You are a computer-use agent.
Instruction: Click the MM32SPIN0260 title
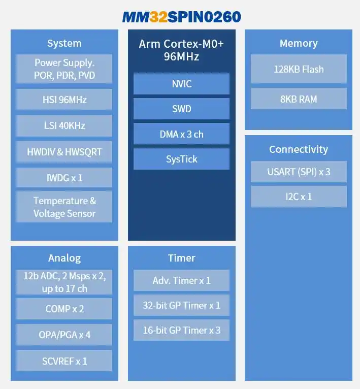point(181,17)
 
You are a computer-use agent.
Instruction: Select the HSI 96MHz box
point(64,100)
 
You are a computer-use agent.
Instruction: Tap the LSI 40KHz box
point(64,125)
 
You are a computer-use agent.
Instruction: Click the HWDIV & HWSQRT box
point(64,152)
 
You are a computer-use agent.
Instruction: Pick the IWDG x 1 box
point(64,178)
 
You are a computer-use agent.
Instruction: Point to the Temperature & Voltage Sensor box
point(64,207)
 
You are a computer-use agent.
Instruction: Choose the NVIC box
point(181,84)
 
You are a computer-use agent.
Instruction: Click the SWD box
point(181,109)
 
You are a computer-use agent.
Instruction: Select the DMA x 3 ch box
point(181,134)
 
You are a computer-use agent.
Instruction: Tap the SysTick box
point(181,159)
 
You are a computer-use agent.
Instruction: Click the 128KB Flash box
point(299,69)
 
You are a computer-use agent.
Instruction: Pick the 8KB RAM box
point(299,99)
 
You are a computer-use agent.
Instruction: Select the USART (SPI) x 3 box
point(299,172)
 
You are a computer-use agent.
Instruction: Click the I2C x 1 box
point(299,197)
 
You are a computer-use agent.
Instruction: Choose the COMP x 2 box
point(64,309)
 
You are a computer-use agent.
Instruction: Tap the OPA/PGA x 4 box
point(64,335)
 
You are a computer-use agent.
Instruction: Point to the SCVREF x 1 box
point(64,361)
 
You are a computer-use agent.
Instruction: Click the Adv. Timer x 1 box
point(181,280)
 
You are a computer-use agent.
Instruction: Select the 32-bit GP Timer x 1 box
point(181,305)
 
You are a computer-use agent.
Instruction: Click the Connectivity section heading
point(299,149)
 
